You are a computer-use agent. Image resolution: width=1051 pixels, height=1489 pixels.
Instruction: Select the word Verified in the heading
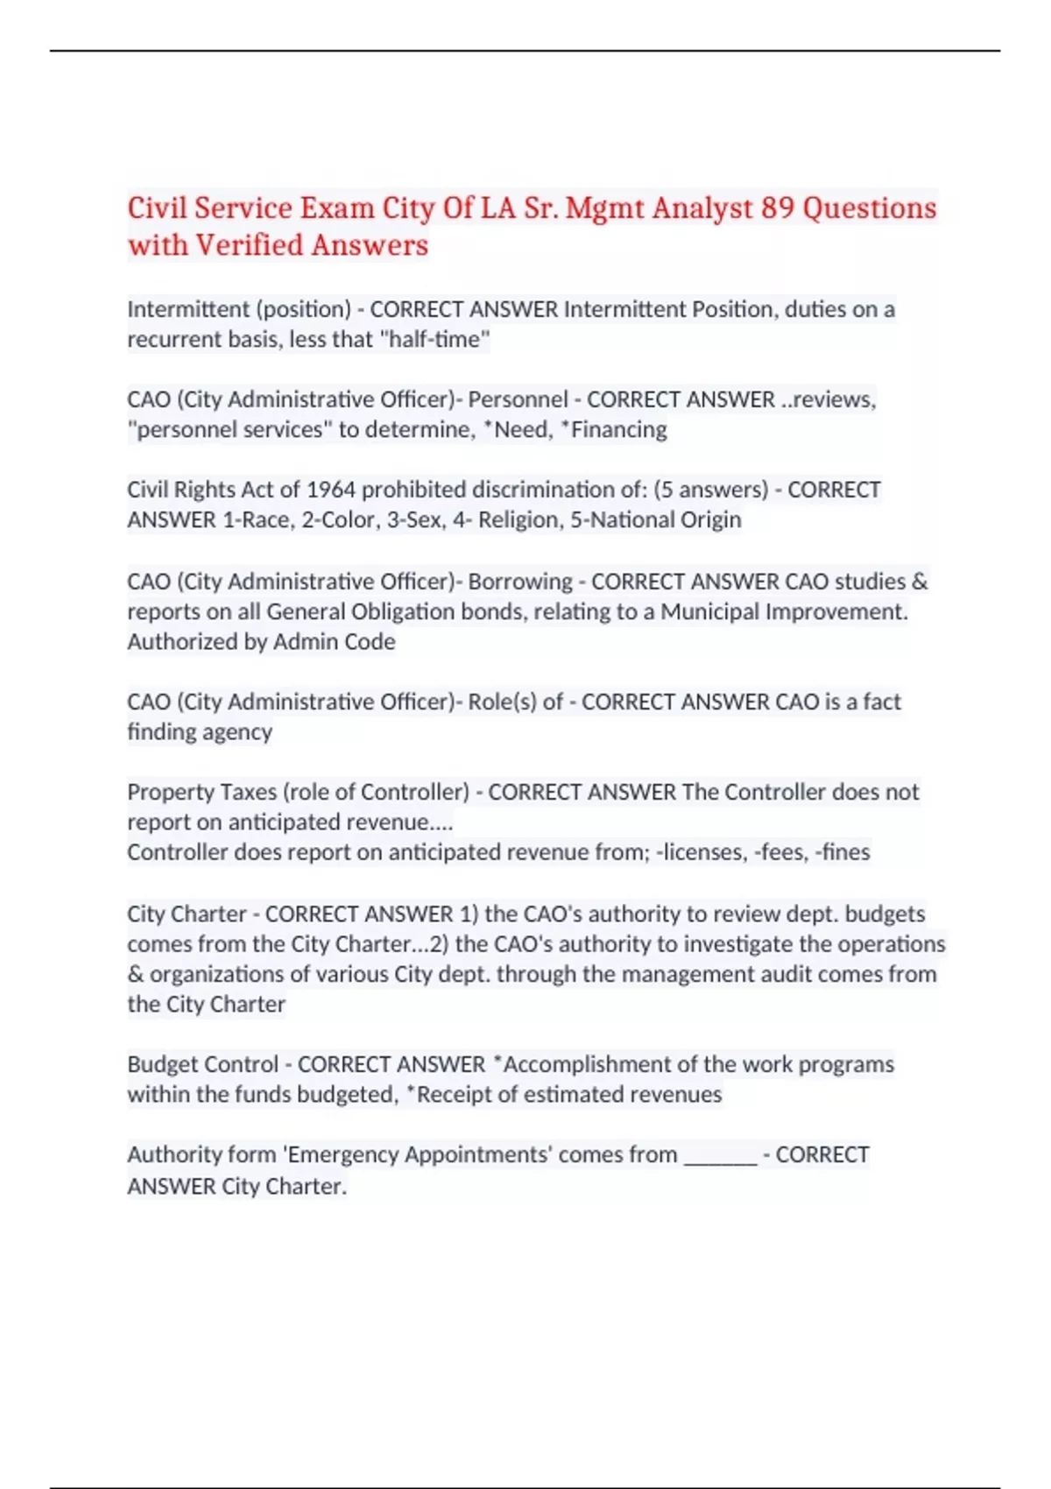[250, 245]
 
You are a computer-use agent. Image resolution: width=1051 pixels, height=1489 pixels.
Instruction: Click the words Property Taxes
[201, 792]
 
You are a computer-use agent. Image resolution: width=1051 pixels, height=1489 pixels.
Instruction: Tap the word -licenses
[700, 852]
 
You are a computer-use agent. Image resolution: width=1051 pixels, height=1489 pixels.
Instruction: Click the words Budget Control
[202, 1064]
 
